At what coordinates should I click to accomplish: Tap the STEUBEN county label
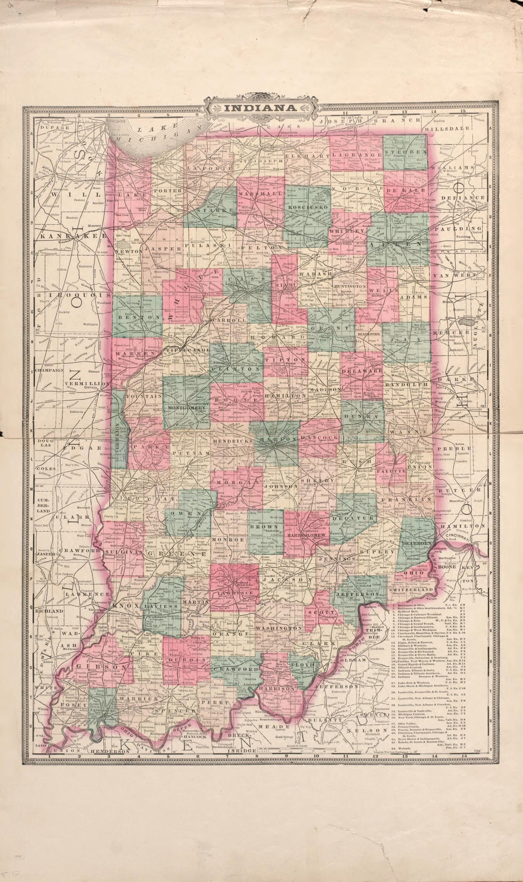(406, 152)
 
